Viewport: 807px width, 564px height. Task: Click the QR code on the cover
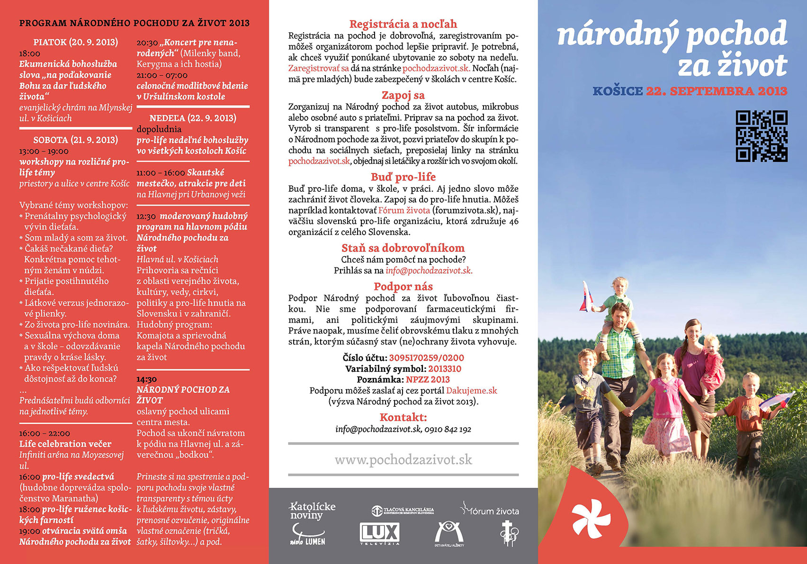(762, 136)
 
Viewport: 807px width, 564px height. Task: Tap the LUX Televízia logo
(379, 534)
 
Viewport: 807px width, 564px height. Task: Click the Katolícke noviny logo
(312, 510)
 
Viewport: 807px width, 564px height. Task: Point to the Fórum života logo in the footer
(490, 510)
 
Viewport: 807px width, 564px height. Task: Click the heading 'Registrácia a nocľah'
(403, 24)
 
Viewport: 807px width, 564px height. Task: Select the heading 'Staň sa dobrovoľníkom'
(403, 248)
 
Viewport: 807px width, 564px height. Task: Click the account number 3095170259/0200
(426, 358)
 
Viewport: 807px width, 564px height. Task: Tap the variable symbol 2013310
(445, 369)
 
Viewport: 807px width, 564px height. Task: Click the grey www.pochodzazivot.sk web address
(403, 460)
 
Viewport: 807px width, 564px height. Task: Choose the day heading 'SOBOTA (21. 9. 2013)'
(75, 140)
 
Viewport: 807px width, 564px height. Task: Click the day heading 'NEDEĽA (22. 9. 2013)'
(193, 118)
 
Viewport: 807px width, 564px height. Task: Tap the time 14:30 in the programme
(146, 379)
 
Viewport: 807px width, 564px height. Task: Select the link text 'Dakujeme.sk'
(471, 391)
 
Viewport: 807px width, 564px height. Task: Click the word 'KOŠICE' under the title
(618, 91)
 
